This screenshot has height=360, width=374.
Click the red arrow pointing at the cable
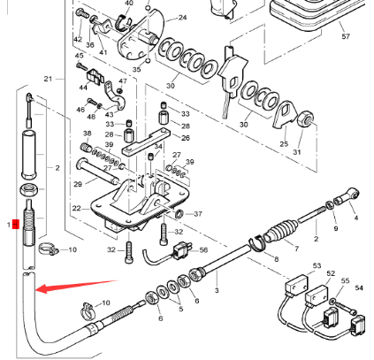[x=77, y=286]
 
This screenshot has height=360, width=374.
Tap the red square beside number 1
[x=16, y=224]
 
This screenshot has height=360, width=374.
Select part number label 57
[x=346, y=36]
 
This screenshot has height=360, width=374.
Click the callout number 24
[x=182, y=18]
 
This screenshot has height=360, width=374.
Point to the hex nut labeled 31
[x=307, y=119]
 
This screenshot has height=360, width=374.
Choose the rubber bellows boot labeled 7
[x=281, y=231]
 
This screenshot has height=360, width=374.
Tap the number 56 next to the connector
[x=203, y=250]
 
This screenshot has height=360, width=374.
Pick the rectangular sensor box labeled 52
[x=317, y=295]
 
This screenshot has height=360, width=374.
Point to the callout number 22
[x=76, y=208]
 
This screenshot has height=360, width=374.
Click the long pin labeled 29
[x=98, y=172]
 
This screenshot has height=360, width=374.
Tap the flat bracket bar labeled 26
[x=147, y=142]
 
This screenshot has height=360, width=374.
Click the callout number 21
[x=48, y=79]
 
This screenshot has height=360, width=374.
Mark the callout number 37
[x=198, y=214]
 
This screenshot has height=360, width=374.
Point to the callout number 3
[x=217, y=290]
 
